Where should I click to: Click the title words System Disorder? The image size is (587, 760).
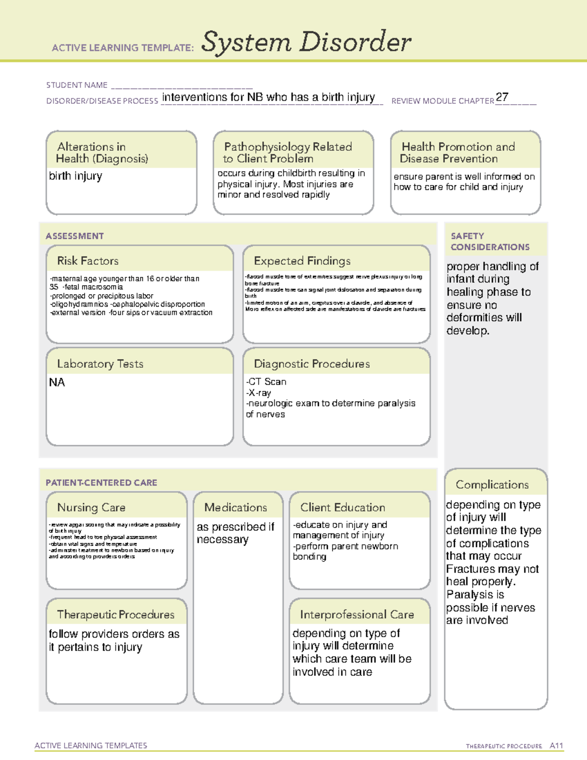pyautogui.click(x=306, y=42)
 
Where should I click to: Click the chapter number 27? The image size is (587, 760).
pyautogui.click(x=502, y=97)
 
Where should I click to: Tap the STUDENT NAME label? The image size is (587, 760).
pyautogui.click(x=77, y=85)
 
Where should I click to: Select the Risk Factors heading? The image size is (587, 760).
pyautogui.click(x=88, y=261)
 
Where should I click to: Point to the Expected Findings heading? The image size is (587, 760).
pyautogui.click(x=302, y=261)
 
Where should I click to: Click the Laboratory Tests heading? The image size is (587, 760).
pyautogui.click(x=100, y=364)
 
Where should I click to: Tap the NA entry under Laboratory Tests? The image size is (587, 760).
pyautogui.click(x=57, y=382)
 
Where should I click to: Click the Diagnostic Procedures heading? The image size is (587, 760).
pyautogui.click(x=312, y=364)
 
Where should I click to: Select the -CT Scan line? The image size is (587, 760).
pyautogui.click(x=266, y=382)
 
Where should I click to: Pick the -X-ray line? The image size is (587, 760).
pyautogui.click(x=259, y=392)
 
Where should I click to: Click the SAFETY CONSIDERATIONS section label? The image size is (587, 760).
pyautogui.click(x=490, y=242)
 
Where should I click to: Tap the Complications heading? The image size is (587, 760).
pyautogui.click(x=492, y=484)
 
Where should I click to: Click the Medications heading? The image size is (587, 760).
pyautogui.click(x=236, y=507)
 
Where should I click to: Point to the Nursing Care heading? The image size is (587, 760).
pyautogui.click(x=91, y=507)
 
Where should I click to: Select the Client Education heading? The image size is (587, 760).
pyautogui.click(x=343, y=507)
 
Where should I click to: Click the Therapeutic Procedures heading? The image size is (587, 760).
pyautogui.click(x=116, y=614)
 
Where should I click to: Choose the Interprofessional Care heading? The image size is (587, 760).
pyautogui.click(x=357, y=614)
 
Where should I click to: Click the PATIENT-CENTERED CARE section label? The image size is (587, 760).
pyautogui.click(x=102, y=483)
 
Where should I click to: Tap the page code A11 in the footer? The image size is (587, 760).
pyautogui.click(x=557, y=746)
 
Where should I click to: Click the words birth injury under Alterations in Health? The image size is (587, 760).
pyautogui.click(x=76, y=176)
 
